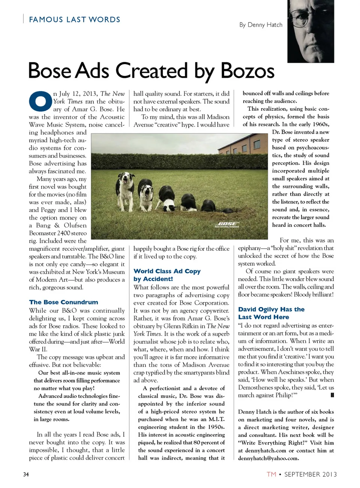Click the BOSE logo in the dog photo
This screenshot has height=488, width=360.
pyautogui.click(x=227, y=224)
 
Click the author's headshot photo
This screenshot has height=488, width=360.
pyautogui.click(x=310, y=31)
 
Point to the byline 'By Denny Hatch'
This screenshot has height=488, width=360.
pyautogui.click(x=261, y=25)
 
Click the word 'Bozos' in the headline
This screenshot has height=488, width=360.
pyautogui.click(x=247, y=71)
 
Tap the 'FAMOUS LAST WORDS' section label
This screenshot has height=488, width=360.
pyautogui.click(x=75, y=20)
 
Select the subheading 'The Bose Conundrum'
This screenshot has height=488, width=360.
pyautogui.click(x=63, y=302)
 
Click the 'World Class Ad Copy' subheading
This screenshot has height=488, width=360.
pyautogui.click(x=167, y=271)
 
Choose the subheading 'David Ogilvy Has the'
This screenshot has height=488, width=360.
pyautogui.click(x=271, y=309)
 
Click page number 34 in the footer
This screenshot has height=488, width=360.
pyautogui.click(x=26, y=474)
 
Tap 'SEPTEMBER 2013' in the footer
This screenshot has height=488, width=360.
pyautogui.click(x=310, y=474)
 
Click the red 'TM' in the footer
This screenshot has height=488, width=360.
pyautogui.click(x=271, y=474)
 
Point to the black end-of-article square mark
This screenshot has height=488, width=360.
pyautogui.click(x=332, y=395)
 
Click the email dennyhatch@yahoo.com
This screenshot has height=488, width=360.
pyautogui.click(x=268, y=458)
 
